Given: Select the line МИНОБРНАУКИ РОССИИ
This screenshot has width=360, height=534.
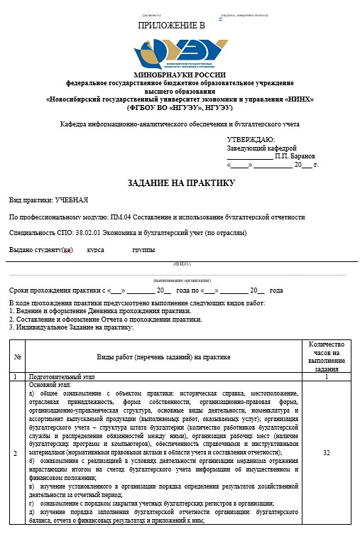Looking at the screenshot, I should (x=180, y=75).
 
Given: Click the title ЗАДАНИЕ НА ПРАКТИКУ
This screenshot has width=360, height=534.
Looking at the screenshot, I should (x=180, y=183).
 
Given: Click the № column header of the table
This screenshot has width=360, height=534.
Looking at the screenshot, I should (x=18, y=356).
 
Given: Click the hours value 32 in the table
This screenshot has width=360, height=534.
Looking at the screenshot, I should (x=326, y=452).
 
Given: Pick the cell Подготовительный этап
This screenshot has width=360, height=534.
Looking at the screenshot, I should (x=60, y=377).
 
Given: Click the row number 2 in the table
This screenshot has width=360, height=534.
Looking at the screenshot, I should (x=18, y=452).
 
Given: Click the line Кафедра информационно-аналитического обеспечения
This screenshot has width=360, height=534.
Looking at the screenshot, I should (x=180, y=124).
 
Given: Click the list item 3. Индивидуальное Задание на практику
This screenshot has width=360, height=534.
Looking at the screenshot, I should (x=71, y=327).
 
